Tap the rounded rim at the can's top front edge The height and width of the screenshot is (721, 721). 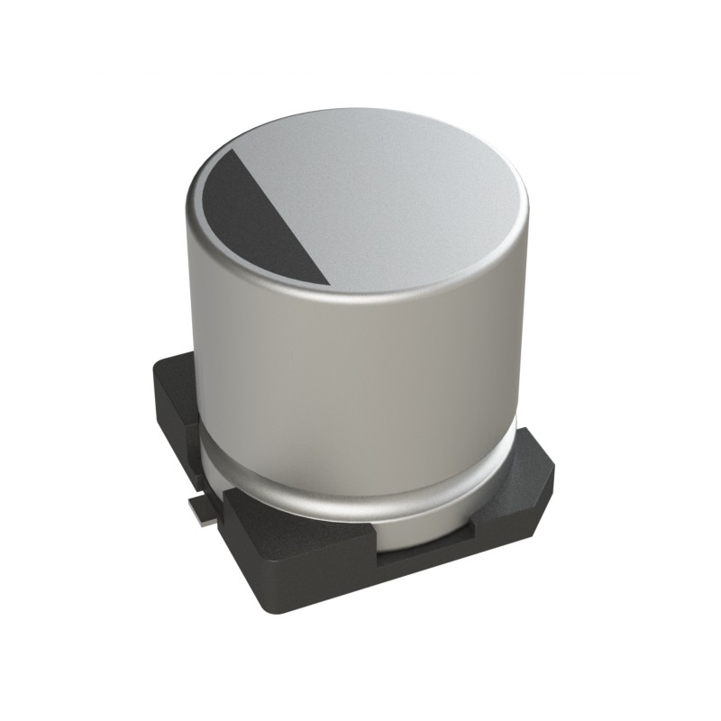(360, 302)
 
